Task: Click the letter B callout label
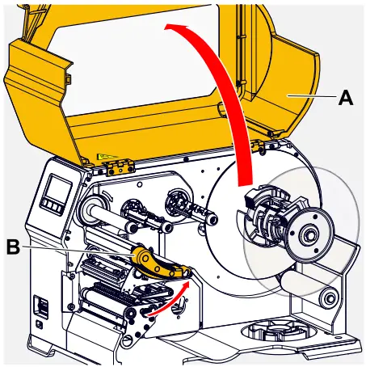[14, 247]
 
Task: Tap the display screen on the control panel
[57, 194]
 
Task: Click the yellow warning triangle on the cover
[103, 157]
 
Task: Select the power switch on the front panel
[40, 308]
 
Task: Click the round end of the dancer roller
[326, 298]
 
